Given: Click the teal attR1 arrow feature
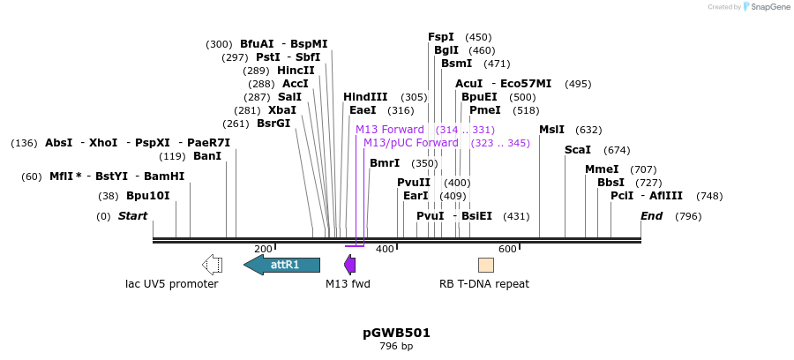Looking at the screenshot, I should click(282, 265).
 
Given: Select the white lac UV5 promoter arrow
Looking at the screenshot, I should click(212, 265).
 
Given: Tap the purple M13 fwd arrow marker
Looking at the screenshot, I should click(350, 265).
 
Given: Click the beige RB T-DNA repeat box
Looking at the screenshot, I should click(486, 265).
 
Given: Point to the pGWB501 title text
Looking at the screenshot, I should click(396, 333).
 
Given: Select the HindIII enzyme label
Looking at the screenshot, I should click(365, 97).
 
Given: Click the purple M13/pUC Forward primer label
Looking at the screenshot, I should click(411, 142).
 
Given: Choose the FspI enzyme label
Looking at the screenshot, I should click(441, 37).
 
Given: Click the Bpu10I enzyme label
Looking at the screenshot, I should click(147, 196).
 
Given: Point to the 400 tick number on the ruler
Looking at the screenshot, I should click(385, 250).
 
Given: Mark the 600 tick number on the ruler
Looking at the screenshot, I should click(507, 250).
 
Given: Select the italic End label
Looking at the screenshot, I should click(651, 216).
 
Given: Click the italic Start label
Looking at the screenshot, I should click(133, 216).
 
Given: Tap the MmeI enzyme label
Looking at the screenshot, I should click(602, 169).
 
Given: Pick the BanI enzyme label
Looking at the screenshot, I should click(207, 156).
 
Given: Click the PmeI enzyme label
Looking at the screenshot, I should click(485, 110).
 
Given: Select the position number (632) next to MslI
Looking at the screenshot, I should click(588, 130).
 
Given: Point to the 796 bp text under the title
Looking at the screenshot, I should click(396, 346).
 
